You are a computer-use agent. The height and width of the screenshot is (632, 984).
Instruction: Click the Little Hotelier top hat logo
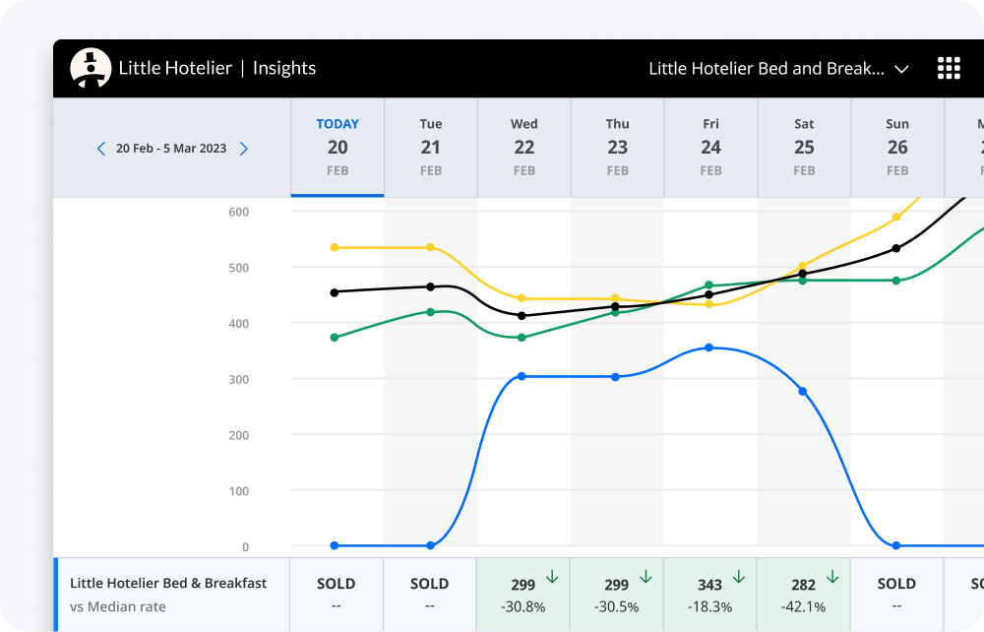pos(91,68)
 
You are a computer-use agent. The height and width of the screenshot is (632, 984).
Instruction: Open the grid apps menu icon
pos(949,68)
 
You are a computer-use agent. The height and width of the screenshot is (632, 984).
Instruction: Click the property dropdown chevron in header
pos(901,69)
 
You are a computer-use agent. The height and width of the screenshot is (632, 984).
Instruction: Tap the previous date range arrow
pos(100,149)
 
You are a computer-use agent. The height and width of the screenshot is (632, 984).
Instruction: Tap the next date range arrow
pos(244,149)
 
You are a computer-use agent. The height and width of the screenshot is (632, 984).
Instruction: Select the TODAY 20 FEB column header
pos(338,148)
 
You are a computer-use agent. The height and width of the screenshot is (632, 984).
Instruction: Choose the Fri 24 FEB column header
pos(710,148)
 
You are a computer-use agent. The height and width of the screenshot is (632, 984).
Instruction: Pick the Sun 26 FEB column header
pos(897,148)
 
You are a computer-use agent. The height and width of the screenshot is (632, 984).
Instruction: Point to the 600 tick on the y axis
pos(239,212)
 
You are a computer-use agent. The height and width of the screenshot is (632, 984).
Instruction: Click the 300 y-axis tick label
pos(239,379)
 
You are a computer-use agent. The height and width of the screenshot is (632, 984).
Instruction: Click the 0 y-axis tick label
pos(245,546)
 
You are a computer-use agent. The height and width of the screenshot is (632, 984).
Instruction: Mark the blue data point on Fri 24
pos(708,348)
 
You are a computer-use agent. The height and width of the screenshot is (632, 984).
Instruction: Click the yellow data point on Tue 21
pos(430,247)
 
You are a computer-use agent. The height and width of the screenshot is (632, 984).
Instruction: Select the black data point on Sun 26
pos(895,248)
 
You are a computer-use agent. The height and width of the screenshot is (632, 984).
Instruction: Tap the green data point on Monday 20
pos(335,338)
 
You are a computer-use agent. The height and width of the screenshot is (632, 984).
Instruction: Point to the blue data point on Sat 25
pos(803,392)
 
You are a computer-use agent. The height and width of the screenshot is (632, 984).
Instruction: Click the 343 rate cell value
pos(709,585)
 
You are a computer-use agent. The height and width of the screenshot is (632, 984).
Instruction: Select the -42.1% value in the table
pos(803,606)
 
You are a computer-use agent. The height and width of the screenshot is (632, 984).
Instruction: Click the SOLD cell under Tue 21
pos(429,584)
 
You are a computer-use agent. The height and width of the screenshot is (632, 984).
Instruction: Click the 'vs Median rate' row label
pos(118,606)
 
